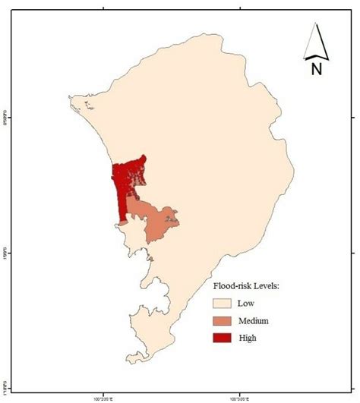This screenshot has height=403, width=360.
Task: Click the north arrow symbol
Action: [315, 43]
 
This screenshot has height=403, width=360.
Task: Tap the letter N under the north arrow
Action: [316, 70]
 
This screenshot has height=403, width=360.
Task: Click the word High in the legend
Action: [248, 339]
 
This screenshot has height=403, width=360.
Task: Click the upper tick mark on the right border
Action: [354, 117]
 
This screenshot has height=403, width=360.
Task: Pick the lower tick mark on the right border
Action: [354, 253]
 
